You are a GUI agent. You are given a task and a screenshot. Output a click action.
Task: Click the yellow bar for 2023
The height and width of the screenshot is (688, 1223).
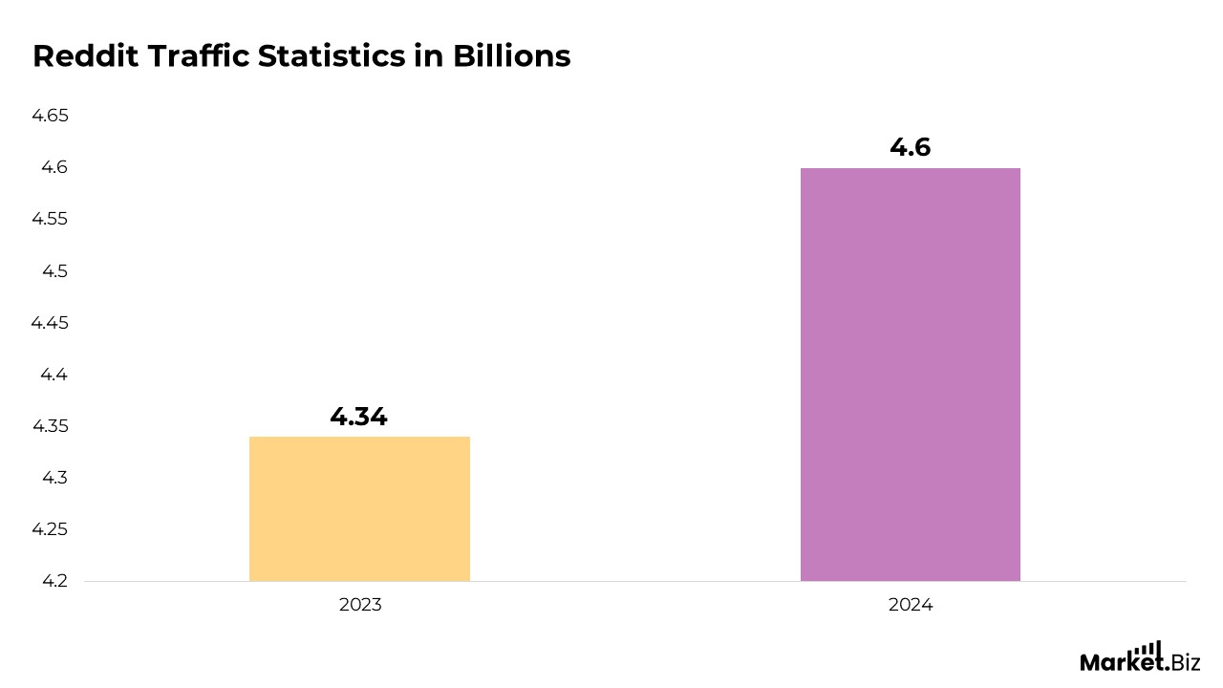pos(359,508)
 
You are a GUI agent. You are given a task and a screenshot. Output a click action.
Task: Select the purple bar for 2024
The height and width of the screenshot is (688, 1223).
pos(910,374)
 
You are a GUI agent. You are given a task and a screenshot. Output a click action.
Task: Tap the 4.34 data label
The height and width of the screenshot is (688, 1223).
pos(358,417)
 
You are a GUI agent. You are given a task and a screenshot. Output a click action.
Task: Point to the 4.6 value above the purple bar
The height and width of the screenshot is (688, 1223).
pos(910,147)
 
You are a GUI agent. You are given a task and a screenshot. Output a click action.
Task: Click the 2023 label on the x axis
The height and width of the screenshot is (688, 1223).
pos(359,605)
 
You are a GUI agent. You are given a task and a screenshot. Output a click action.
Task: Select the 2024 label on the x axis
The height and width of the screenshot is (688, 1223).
pos(910,605)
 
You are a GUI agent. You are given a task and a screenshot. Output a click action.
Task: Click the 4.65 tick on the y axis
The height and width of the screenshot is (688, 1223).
pos(51,116)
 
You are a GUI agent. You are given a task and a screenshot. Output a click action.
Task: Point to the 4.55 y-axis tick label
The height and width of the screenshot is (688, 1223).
pos(51,219)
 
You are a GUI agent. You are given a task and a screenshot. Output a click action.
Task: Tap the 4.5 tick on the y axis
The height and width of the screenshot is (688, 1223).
pos(54,271)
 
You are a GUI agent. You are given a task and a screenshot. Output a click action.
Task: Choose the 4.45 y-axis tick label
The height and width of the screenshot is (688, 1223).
pos(51,323)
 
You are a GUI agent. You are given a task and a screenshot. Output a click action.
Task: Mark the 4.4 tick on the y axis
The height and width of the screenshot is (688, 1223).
pos(54,375)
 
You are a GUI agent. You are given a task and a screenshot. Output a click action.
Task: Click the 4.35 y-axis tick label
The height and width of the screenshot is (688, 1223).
pos(51,426)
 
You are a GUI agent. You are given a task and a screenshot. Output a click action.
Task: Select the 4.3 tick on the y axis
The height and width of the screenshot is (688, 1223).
pos(54,478)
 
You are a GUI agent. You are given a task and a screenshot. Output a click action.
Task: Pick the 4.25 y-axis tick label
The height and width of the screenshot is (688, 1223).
pos(51,529)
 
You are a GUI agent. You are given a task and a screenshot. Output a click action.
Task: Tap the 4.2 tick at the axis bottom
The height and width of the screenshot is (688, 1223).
pos(54,581)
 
